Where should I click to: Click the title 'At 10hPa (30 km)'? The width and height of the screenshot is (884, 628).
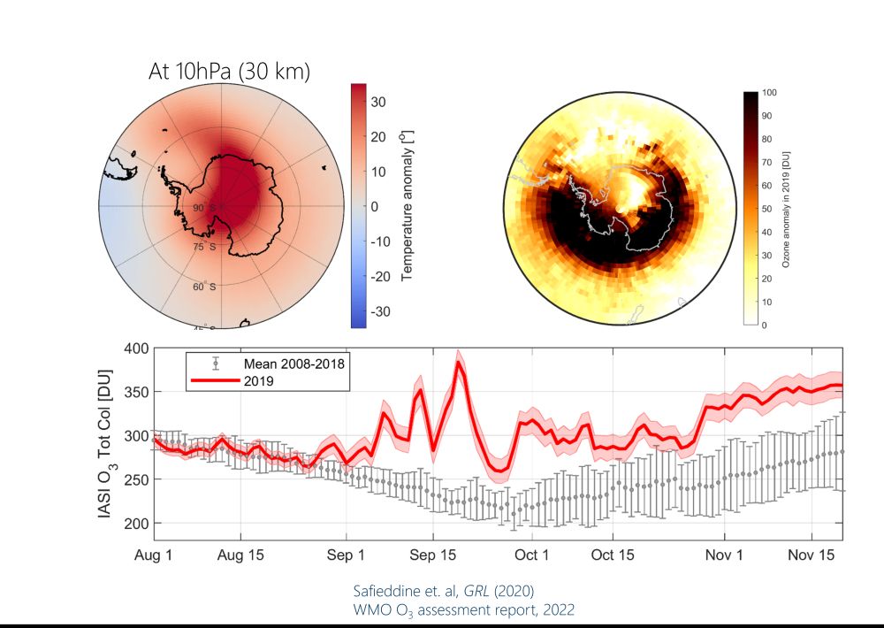229,73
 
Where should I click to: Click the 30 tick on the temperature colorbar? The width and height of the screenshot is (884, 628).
378,102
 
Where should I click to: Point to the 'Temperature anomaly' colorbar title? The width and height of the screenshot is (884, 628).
408,205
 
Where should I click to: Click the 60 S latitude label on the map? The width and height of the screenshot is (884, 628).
205,286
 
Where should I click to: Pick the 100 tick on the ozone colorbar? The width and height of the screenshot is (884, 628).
768,93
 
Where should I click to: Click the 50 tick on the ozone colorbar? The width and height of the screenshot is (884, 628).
766,208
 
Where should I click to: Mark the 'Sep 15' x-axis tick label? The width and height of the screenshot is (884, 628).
433,555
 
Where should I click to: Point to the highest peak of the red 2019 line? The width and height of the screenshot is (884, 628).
459,363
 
